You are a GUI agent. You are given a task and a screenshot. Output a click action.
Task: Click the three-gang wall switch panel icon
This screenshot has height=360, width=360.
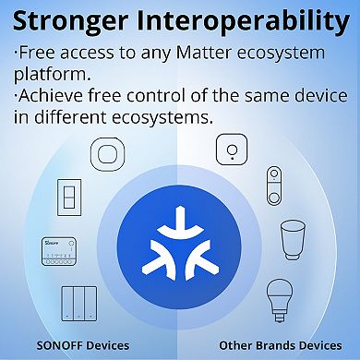pyautogui.click(x=79, y=303)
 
